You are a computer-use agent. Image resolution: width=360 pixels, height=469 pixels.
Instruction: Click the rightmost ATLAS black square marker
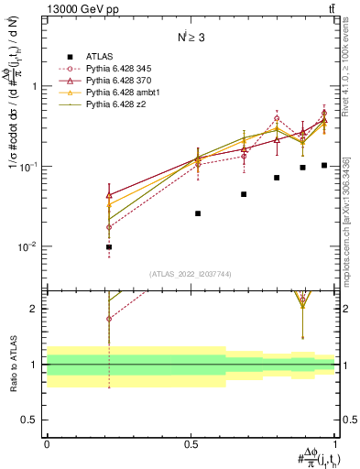pyautogui.click(x=324, y=165)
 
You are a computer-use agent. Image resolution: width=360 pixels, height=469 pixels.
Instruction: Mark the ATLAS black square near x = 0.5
pyautogui.click(x=198, y=213)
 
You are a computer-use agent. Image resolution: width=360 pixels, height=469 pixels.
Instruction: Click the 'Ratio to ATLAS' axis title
pyautogui.click(x=14, y=365)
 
